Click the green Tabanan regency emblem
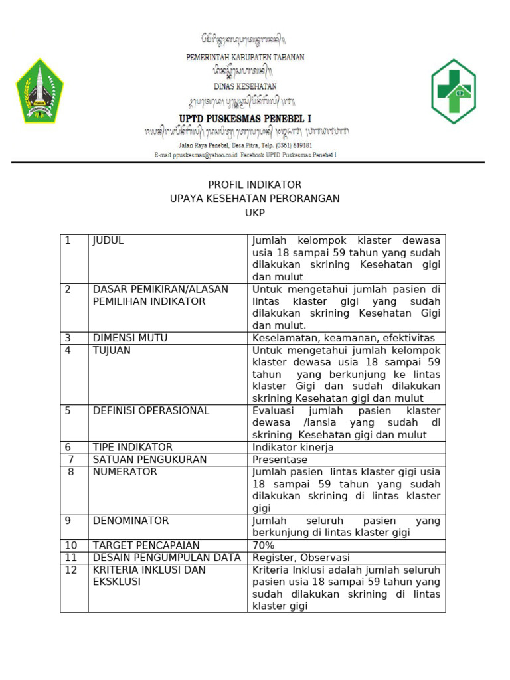[40, 90]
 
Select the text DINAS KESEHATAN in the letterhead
[245, 86]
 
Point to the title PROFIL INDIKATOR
[255, 185]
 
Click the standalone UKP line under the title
[255, 212]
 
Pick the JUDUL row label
[108, 241]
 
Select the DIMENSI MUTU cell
[130, 337]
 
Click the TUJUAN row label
[112, 350]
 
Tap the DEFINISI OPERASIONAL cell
[151, 410]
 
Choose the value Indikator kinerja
[293, 447]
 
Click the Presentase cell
[280, 459]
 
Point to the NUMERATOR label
[125, 471]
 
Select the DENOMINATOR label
[131, 520]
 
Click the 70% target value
[263, 545]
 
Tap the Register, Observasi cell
[301, 558]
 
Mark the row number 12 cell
[71, 570]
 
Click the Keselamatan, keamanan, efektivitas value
[343, 337]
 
